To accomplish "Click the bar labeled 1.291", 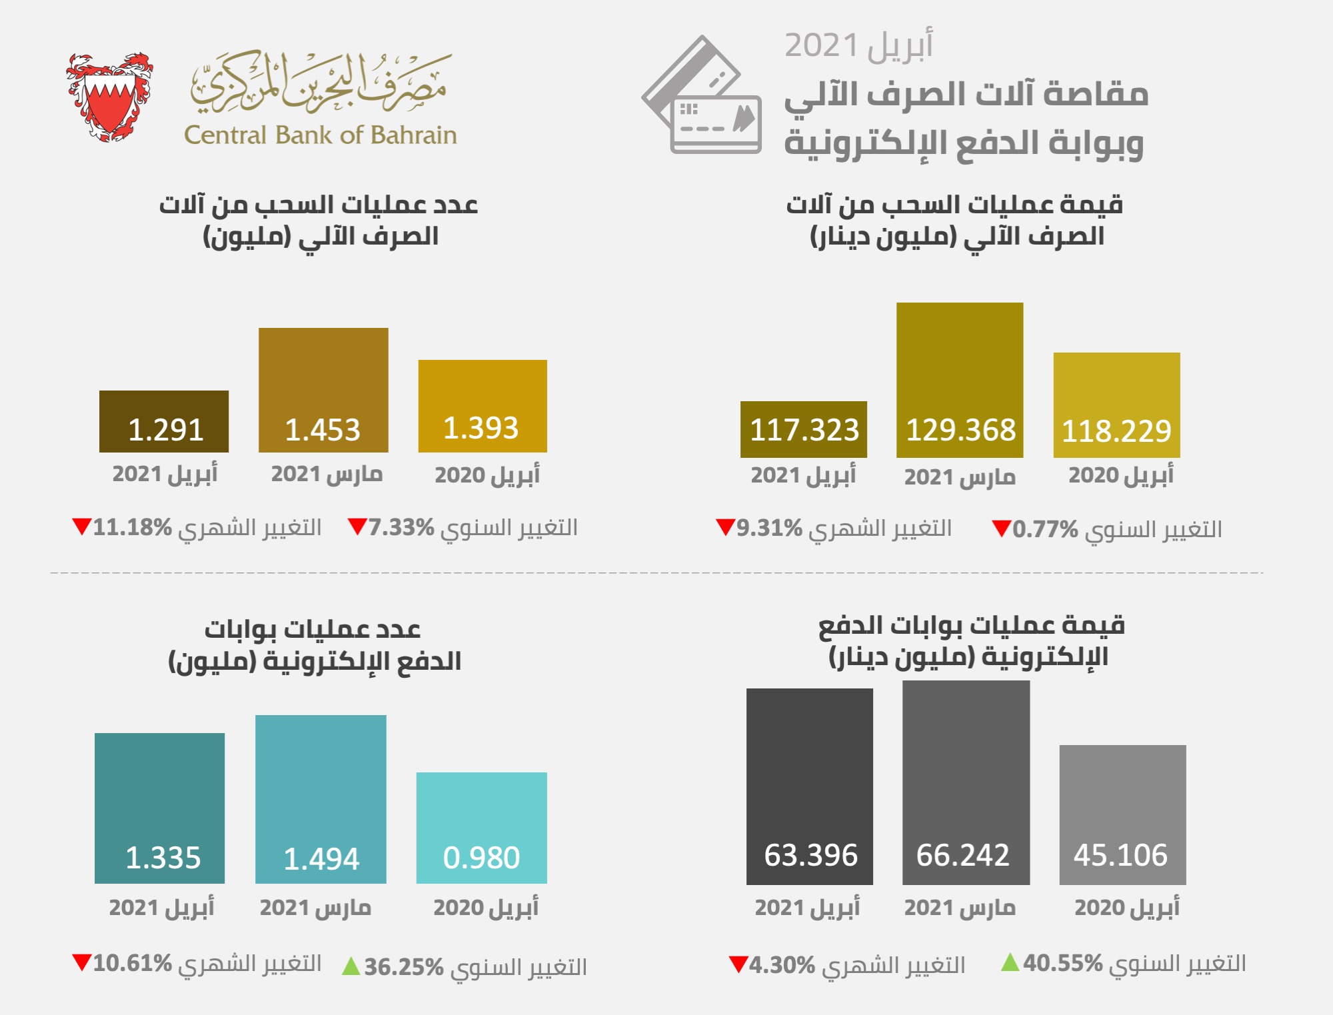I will (x=164, y=421).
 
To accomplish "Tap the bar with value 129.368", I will (x=960, y=379).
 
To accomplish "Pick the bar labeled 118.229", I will (x=1116, y=405).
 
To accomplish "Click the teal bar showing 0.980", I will (x=481, y=827).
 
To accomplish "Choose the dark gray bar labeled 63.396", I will (x=809, y=786).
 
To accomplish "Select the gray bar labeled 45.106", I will (x=1122, y=814).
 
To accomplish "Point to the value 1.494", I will (x=321, y=858).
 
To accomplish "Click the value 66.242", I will (x=962, y=855).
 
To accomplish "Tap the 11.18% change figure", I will (x=132, y=527).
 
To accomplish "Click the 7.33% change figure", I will (x=401, y=527).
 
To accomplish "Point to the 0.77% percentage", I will (x=1045, y=530).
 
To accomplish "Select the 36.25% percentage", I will (x=404, y=967).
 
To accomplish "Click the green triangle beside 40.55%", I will (x=1010, y=962).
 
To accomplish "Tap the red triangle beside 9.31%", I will (x=724, y=526).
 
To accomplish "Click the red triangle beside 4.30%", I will (x=738, y=964).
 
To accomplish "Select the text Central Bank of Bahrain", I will (x=320, y=135).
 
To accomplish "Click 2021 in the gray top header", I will (x=821, y=46).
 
